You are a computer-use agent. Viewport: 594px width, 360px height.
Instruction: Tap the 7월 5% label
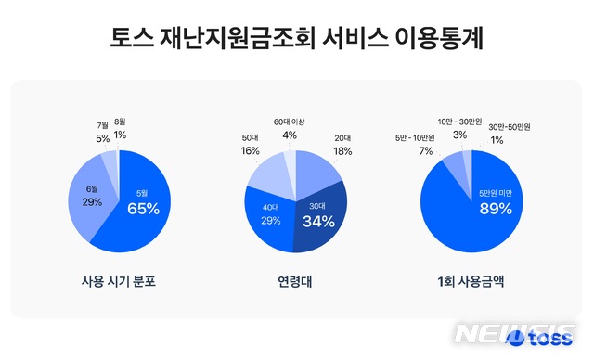click(102, 132)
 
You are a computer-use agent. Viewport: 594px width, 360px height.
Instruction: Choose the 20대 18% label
click(342, 144)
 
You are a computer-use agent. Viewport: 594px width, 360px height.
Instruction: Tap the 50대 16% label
click(251, 144)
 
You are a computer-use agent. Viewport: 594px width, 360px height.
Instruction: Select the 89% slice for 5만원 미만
click(492, 204)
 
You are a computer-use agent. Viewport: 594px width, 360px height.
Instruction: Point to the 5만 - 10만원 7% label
click(425, 145)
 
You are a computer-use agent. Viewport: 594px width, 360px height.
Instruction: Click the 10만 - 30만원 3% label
click(459, 128)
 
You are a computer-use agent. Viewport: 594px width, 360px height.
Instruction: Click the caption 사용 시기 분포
click(117, 281)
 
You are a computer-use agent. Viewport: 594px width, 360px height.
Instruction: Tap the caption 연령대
click(295, 281)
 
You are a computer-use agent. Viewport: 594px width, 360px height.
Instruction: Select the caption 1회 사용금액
click(471, 281)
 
